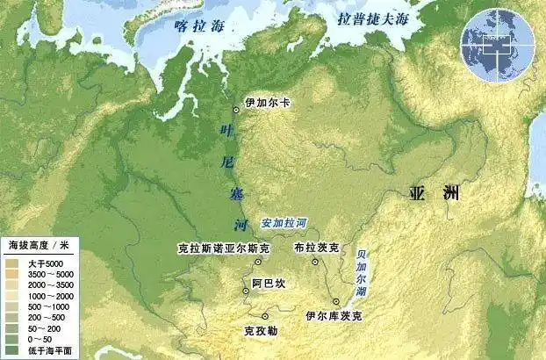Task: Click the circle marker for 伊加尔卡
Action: coord(236,110)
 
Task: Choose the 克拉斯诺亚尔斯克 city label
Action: coord(218,248)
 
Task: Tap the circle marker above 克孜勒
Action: coord(264,315)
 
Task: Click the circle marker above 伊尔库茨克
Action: coord(335,301)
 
